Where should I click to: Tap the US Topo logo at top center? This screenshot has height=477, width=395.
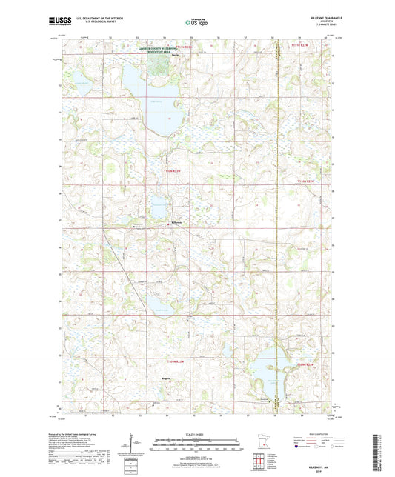194,23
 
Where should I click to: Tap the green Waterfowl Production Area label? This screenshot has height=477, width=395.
169,48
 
